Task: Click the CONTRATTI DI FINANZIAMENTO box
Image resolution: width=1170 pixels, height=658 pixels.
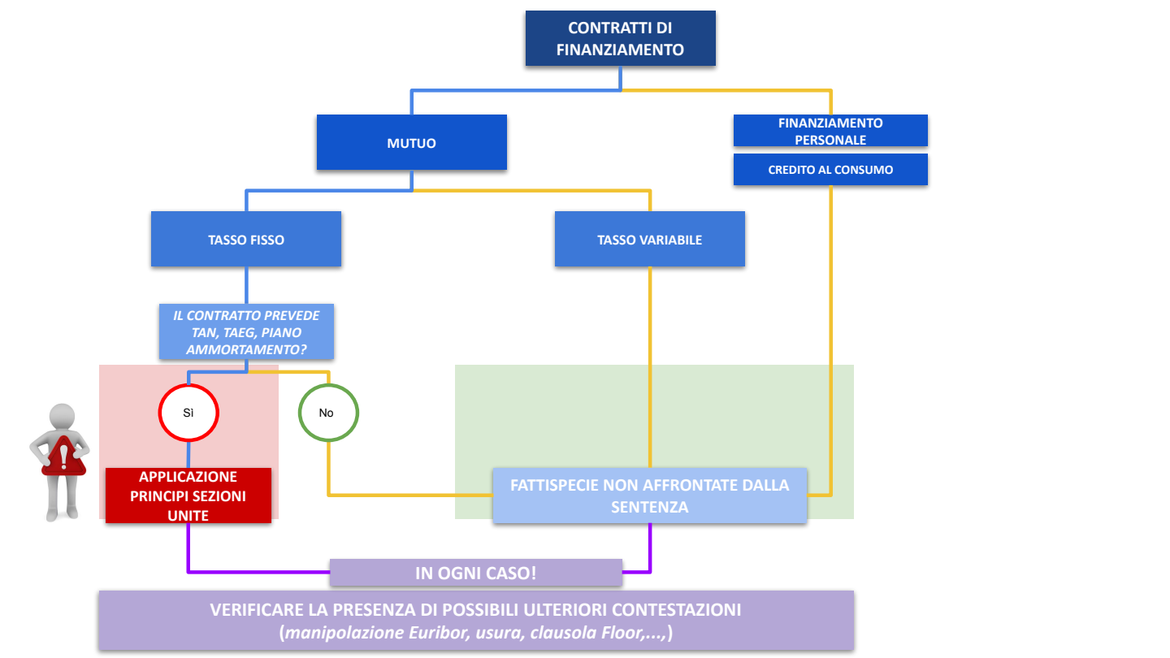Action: click(x=620, y=38)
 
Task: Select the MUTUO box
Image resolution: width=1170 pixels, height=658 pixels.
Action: click(x=411, y=143)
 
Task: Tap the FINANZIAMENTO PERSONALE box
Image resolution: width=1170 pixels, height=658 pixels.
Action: click(x=830, y=131)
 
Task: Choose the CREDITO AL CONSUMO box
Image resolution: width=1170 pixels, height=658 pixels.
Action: click(x=830, y=170)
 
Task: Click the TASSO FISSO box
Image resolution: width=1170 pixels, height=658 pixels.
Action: click(x=246, y=240)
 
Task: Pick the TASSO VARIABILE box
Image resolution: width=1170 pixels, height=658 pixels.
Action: click(x=649, y=240)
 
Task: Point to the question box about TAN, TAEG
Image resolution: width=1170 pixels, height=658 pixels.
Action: click(x=246, y=332)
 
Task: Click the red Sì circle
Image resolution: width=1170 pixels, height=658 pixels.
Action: click(x=188, y=413)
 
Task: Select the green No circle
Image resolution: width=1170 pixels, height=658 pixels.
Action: click(x=327, y=413)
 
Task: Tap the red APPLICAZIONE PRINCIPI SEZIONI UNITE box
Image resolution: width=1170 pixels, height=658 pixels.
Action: click(x=188, y=496)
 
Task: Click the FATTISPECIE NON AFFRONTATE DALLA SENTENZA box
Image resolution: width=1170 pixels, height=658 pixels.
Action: click(x=649, y=496)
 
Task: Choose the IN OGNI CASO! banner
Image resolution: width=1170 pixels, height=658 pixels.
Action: click(x=475, y=573)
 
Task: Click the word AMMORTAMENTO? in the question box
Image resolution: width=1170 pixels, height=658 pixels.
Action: click(x=246, y=349)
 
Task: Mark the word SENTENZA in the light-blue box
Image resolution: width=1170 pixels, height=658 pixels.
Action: click(x=649, y=507)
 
